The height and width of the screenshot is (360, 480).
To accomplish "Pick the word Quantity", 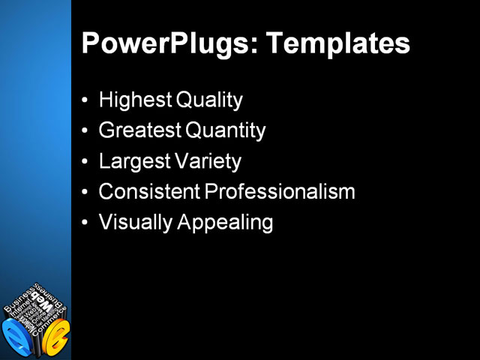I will (x=225, y=130).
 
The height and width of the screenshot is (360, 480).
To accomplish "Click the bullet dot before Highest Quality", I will (x=87, y=100).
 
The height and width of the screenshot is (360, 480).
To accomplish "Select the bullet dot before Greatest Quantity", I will (x=87, y=130).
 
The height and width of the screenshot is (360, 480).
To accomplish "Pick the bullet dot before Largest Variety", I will (x=87, y=161).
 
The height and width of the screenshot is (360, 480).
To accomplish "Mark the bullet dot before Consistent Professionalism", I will (x=87, y=192).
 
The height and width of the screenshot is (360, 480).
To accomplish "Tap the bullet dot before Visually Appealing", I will (x=87, y=223).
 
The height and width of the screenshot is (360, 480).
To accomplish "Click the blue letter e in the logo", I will (x=16, y=337).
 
